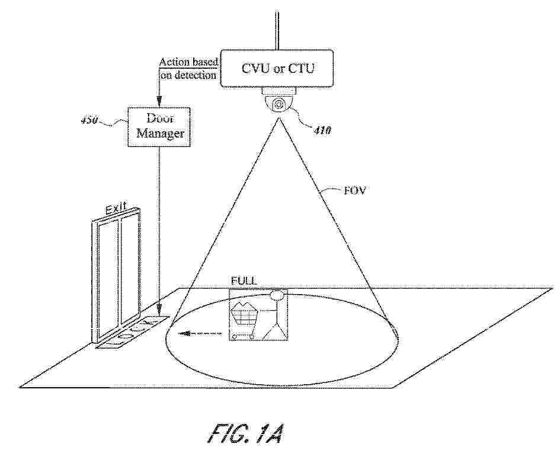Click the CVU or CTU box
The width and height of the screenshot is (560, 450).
coord(277,68)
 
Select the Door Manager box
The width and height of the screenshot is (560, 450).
coord(159,126)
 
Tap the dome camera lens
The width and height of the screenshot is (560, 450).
coord(278,105)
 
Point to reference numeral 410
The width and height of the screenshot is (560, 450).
coord(322,131)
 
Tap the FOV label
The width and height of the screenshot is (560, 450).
coord(354,190)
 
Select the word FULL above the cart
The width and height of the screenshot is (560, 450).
coord(244,281)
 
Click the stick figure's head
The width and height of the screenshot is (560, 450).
coord(277,295)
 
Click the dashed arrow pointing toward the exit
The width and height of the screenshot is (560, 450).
coord(200,334)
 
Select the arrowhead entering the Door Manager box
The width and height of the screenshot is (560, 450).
coord(159,101)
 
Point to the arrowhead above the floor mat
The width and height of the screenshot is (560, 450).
coord(159,308)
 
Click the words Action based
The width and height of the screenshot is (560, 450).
coord(188,62)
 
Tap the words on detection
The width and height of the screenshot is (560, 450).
coord(188,75)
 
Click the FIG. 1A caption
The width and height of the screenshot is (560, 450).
coord(247,434)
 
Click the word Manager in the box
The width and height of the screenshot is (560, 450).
coord(160,133)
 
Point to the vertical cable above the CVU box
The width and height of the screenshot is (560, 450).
coord(277,30)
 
